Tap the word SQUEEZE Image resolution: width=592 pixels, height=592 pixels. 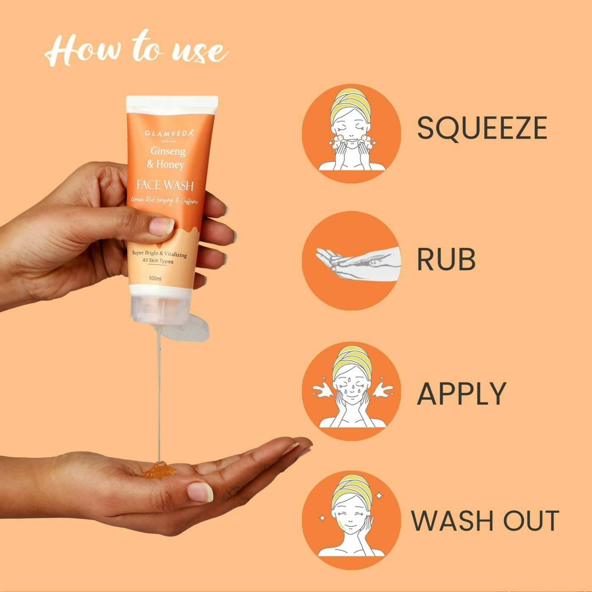point(482,128)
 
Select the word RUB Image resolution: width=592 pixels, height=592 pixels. point(446,259)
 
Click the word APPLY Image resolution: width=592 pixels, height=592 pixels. point(461,393)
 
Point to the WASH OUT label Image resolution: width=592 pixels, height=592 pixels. point(485,521)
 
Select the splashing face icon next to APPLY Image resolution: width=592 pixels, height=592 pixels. point(351,391)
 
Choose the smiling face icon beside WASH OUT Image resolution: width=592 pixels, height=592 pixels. point(351,521)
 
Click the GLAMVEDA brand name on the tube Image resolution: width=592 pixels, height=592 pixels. point(169,133)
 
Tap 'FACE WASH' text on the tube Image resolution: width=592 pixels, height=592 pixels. point(165,185)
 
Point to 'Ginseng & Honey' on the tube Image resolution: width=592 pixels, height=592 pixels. point(166,157)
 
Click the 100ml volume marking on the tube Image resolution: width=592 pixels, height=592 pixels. point(155,279)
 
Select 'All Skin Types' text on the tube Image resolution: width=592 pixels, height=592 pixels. point(158,261)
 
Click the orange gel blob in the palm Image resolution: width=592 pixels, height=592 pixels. point(159,470)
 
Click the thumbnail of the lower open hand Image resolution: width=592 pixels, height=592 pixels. point(200,492)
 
